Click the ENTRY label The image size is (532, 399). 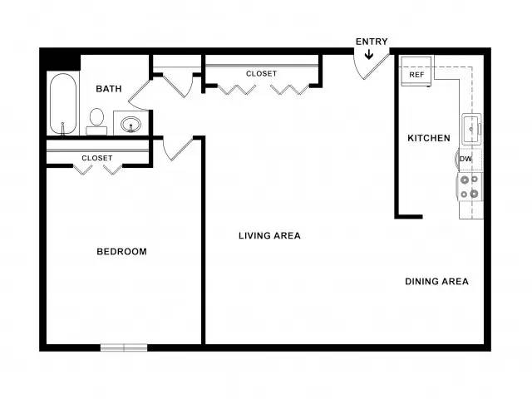tap(372, 42)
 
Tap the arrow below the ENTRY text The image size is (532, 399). tap(369, 54)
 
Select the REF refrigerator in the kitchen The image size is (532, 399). tap(416, 71)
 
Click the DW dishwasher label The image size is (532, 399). tap(465, 159)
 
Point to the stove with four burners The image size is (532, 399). tap(470, 186)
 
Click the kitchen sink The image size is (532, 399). tap(471, 129)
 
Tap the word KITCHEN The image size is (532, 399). tap(429, 138)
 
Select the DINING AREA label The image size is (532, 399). tap(437, 281)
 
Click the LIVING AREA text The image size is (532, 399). tap(269, 235)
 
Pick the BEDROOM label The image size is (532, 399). tap(122, 251)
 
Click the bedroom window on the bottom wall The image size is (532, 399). tap(124, 347)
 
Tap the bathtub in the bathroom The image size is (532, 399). tap(63, 104)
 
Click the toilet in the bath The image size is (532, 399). tap(96, 121)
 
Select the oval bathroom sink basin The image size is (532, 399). tap(131, 124)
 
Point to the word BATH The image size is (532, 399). tap(109, 89)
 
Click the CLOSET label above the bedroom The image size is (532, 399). tap(97, 158)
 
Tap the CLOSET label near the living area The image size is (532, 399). tap(261, 74)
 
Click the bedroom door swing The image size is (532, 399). tap(177, 148)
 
